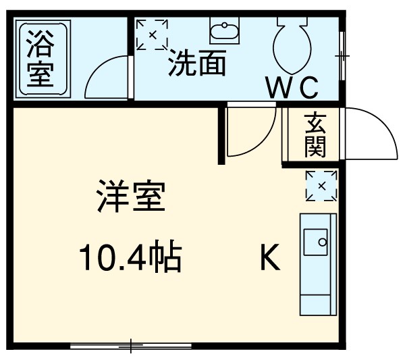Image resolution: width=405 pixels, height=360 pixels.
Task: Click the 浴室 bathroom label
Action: coord(40,59)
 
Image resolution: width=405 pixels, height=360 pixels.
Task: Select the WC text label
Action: coord(292,88)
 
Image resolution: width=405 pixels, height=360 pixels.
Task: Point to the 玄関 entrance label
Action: coord(315,135)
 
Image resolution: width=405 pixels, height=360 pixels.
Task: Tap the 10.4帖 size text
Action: coord(130,257)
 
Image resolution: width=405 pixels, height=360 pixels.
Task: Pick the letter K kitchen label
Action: coord(270,257)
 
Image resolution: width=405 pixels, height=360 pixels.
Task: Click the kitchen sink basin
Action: coord(316,242)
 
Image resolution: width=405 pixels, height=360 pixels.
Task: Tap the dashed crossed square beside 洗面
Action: coord(152,34)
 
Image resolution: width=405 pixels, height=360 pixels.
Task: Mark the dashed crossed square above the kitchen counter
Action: coord(321,186)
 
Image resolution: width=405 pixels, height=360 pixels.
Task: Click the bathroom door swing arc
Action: coord(108,78)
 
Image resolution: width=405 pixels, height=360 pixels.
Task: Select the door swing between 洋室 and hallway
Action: coord(251,132)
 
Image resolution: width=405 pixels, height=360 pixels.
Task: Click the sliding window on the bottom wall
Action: coord(132,347)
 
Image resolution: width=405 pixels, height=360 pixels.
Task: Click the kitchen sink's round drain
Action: coord(323,240)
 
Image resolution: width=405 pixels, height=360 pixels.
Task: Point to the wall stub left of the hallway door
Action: coord(221,135)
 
